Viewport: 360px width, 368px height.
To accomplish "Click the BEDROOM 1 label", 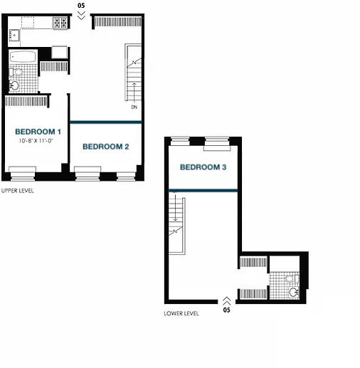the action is click(x=38, y=132).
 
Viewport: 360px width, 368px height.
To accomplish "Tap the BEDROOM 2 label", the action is click(x=106, y=147).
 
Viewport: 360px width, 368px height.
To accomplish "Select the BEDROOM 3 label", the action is click(x=203, y=167).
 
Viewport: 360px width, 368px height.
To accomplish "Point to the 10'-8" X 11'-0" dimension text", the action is click(x=36, y=141).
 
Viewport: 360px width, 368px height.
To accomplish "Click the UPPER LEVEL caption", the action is click(x=18, y=191).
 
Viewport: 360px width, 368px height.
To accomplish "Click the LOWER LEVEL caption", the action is click(x=181, y=313).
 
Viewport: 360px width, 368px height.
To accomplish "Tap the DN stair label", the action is click(x=134, y=107).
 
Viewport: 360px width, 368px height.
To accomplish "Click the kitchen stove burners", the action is click(x=60, y=23).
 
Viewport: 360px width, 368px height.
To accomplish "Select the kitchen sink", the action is click(x=14, y=36).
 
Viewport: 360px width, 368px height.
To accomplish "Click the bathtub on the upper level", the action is click(x=23, y=56).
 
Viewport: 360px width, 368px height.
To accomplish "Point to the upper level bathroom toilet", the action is click(x=16, y=72).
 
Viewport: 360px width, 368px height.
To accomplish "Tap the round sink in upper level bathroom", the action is click(x=14, y=85).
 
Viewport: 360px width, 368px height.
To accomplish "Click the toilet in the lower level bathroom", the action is click(x=292, y=278).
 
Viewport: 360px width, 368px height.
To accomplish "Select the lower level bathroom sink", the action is click(x=294, y=292).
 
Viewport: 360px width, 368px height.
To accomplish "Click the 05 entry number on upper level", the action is click(x=81, y=6).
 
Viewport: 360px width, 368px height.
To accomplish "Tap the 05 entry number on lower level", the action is click(x=227, y=310).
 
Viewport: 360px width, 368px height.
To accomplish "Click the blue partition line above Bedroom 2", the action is click(x=106, y=122).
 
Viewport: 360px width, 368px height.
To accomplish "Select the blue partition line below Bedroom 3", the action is click(x=203, y=190).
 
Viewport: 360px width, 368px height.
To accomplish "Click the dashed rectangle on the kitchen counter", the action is click(x=28, y=22).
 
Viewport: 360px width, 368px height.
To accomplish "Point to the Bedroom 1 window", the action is click(x=23, y=174).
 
